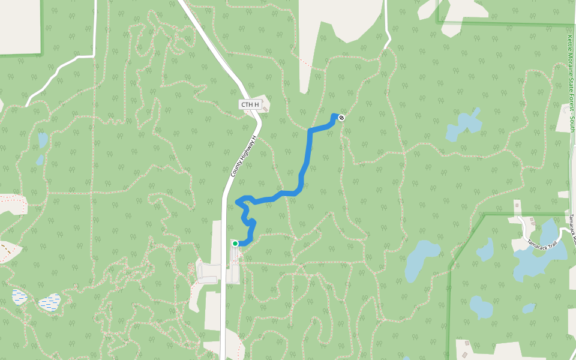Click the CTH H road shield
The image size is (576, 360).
tap(250, 105)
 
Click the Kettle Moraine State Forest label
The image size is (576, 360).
tap(570, 84)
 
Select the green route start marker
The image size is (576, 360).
tap(235, 244)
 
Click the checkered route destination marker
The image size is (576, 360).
tap(341, 118)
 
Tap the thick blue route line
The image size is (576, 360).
tap(310, 150)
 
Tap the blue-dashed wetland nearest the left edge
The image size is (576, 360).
tap(19, 296)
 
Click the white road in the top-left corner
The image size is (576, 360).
tap(60, 72)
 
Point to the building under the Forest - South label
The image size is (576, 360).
tap(563, 194)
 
